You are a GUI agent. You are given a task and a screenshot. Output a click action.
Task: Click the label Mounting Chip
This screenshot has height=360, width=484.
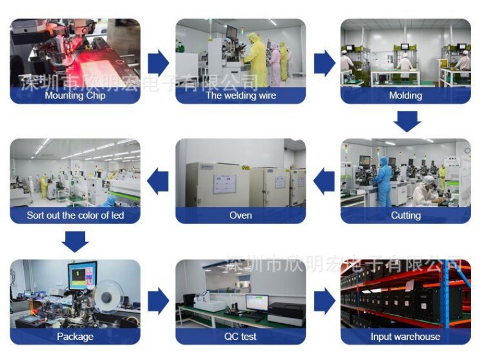[75, 96]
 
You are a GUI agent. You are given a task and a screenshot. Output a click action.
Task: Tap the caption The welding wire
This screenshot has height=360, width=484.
[240, 96]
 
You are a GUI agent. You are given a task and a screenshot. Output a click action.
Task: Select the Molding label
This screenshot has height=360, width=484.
[406, 96]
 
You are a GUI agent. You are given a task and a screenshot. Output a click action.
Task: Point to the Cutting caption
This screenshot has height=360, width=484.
[406, 216]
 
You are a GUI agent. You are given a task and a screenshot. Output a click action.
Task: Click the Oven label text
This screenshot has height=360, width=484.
[240, 216]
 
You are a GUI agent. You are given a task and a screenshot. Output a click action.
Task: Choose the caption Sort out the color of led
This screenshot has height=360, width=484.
[75, 216]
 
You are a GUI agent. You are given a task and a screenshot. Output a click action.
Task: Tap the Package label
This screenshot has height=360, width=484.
[75, 337]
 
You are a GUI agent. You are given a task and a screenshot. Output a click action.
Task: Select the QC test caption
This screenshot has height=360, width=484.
[240, 337]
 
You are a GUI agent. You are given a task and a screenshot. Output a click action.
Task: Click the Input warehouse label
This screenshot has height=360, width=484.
[406, 337]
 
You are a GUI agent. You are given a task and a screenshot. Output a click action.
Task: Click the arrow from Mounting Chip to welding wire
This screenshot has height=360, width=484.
[158, 62]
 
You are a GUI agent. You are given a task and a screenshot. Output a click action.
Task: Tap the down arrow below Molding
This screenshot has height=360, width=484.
[406, 121]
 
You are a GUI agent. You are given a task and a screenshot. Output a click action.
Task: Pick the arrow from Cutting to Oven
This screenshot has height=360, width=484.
[323, 181]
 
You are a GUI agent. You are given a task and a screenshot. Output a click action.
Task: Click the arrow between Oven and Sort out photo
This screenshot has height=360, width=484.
[158, 181]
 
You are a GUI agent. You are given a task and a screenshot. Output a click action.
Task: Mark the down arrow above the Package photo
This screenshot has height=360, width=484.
[75, 241]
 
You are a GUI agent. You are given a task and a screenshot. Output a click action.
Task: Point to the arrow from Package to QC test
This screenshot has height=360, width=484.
[158, 301]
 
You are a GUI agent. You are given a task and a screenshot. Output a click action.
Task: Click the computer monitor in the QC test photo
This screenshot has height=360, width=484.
[257, 302]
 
